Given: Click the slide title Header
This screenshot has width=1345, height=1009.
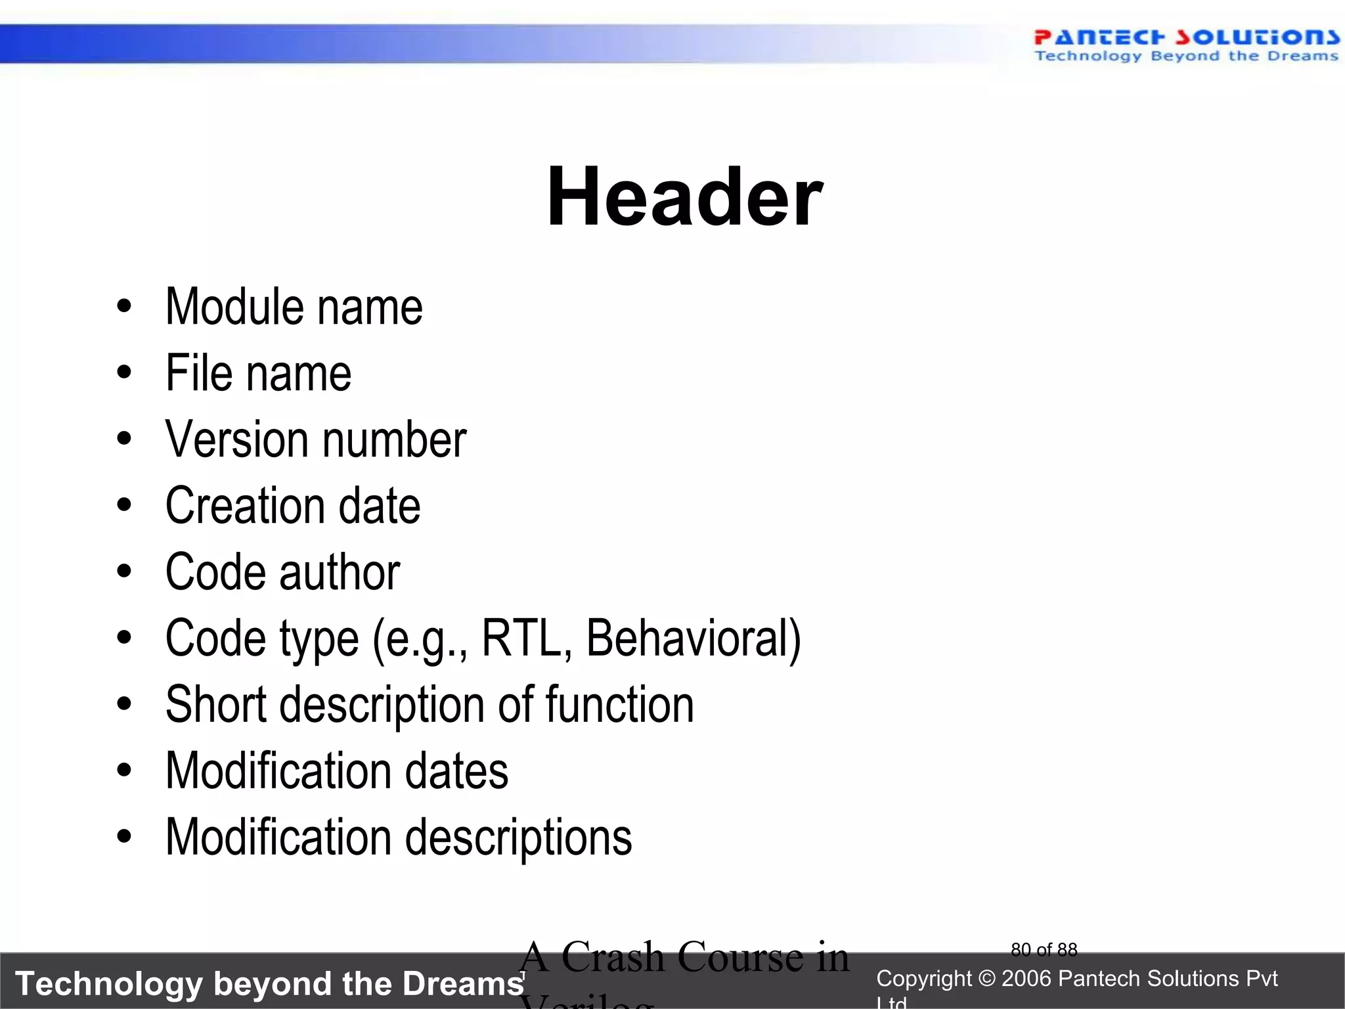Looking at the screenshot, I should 684,197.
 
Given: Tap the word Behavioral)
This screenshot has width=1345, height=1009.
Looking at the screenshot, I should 694,638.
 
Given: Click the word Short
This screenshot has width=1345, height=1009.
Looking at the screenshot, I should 216,704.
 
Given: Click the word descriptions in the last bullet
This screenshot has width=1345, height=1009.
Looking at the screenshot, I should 519,838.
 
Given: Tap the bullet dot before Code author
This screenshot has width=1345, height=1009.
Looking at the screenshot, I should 124,572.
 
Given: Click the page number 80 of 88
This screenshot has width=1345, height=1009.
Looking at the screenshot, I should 1044,950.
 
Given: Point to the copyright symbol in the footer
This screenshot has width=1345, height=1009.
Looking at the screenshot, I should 986,979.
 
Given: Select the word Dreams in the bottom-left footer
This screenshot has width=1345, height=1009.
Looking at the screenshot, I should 463,984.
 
